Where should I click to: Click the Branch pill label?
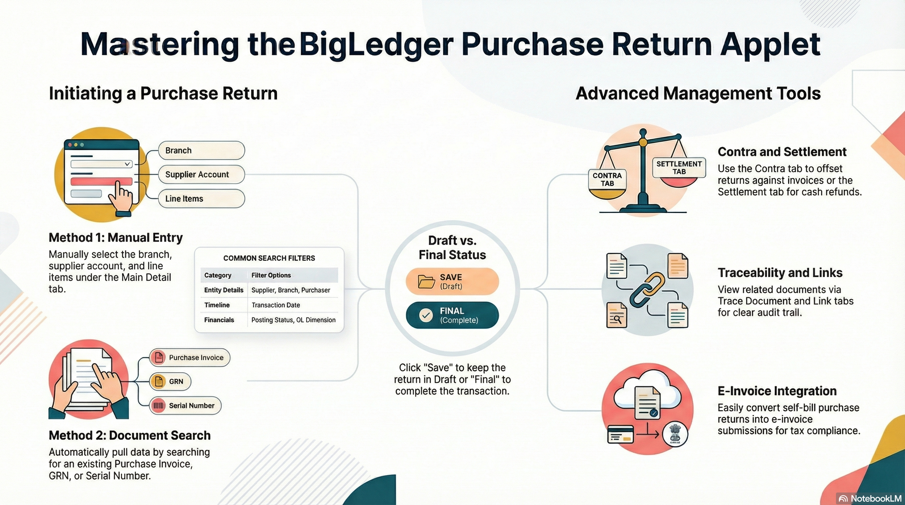pyautogui.click(x=201, y=151)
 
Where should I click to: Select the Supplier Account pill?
pyautogui.click(x=201, y=175)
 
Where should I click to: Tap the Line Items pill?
pyautogui.click(x=201, y=199)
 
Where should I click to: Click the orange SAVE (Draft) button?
pyautogui.click(x=452, y=281)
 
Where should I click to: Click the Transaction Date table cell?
pyautogui.click(x=276, y=305)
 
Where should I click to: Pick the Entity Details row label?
pyautogui.click(x=223, y=290)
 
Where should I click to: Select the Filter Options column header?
pyautogui.click(x=271, y=275)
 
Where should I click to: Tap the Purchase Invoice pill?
pyautogui.click(x=190, y=357)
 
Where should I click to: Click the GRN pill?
pyautogui.click(x=170, y=381)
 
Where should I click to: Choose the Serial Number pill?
pyautogui.click(x=185, y=406)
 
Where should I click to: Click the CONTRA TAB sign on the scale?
pyautogui.click(x=607, y=180)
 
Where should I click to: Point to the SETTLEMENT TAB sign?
pyautogui.click(x=679, y=168)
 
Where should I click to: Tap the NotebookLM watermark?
pyautogui.click(x=870, y=499)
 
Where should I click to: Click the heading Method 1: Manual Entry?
pyautogui.click(x=115, y=238)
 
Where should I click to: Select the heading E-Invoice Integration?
pyautogui.click(x=777, y=391)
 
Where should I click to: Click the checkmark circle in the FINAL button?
pyautogui.click(x=426, y=315)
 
